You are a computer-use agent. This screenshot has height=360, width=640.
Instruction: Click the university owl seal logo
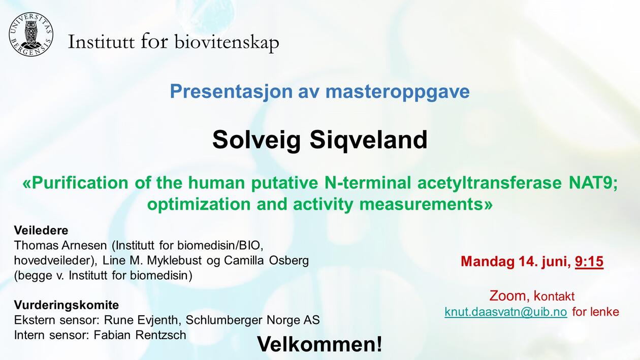pyautogui.click(x=31, y=35)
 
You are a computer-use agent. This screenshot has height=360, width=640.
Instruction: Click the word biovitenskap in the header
pyautogui.click(x=227, y=43)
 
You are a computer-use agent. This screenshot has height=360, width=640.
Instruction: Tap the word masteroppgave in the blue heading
pyautogui.click(x=397, y=92)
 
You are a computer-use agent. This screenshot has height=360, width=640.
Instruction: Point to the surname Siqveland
pyautogui.click(x=369, y=140)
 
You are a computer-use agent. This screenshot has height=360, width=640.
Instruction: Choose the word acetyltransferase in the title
pyautogui.click(x=490, y=183)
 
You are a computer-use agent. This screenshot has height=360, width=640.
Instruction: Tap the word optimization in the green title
pyautogui.click(x=199, y=205)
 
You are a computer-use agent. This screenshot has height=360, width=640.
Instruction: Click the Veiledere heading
pyautogui.click(x=41, y=231)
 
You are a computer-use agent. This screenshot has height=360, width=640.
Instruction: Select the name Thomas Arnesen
pyautogui.click(x=60, y=245)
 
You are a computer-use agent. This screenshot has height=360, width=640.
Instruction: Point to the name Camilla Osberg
pyautogui.click(x=266, y=260)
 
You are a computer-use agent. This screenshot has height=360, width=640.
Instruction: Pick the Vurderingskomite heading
pyautogui.click(x=67, y=305)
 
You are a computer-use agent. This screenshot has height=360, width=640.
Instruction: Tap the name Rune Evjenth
pyautogui.click(x=141, y=320)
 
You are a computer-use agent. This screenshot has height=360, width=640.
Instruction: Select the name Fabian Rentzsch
pyautogui.click(x=140, y=335)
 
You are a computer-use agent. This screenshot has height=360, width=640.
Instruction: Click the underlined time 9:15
pyautogui.click(x=589, y=261)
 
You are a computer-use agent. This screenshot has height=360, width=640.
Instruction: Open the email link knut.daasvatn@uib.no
pyautogui.click(x=506, y=312)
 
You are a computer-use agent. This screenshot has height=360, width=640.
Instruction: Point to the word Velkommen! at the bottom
pyautogui.click(x=319, y=344)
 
